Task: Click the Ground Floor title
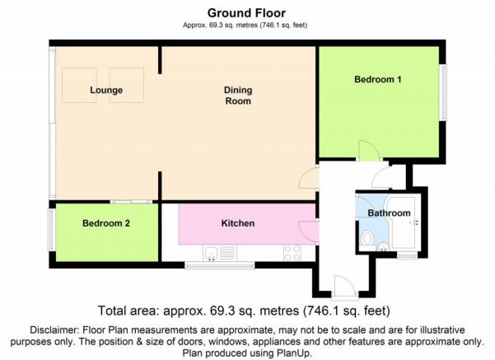click(x=246, y=13)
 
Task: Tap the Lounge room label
click(x=106, y=90)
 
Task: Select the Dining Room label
click(x=238, y=96)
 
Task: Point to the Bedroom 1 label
click(x=377, y=79)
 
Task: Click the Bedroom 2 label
click(x=106, y=223)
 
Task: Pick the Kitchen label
click(x=238, y=223)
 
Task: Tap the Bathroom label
click(x=389, y=213)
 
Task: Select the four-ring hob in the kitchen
click(x=292, y=253)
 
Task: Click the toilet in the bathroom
click(x=367, y=238)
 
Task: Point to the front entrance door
click(x=345, y=287)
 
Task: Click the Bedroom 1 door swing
click(x=369, y=151)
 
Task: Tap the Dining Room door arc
click(x=309, y=178)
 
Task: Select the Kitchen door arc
click(x=308, y=231)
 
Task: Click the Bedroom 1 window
click(x=444, y=92)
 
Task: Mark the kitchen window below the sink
click(x=220, y=265)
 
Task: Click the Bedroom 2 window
click(x=51, y=230)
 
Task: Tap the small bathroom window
click(x=408, y=255)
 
